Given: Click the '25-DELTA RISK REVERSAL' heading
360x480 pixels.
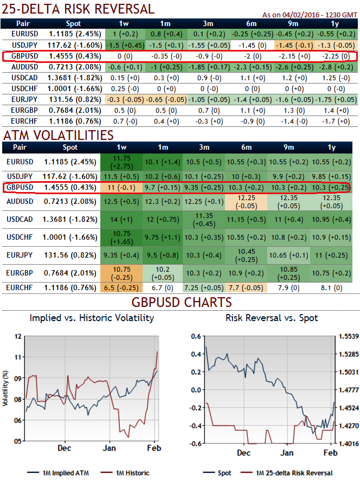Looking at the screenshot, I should [x=79, y=9].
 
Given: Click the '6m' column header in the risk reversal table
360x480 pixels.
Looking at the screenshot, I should [x=250, y=23].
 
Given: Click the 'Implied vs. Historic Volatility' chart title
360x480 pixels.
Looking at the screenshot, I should [x=92, y=318].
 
